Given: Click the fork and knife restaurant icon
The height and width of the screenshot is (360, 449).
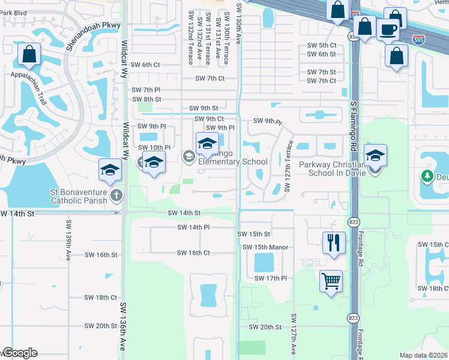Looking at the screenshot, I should [332, 243].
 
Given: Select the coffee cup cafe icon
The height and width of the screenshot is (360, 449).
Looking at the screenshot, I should [388, 28].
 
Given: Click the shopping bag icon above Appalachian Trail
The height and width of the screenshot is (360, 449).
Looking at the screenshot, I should [29, 55].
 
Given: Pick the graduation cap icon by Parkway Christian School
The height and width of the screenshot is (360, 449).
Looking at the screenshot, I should [375, 155].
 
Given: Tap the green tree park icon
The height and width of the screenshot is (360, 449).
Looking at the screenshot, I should [427, 176].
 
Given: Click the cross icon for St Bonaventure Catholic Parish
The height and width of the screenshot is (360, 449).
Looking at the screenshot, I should [116, 195].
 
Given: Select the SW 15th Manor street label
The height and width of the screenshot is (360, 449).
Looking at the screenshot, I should [265, 247].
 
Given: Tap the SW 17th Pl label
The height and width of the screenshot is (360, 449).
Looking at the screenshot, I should [271, 278].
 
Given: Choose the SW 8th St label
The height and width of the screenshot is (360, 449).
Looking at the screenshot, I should [146, 99].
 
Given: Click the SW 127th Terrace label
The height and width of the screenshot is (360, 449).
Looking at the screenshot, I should [289, 166].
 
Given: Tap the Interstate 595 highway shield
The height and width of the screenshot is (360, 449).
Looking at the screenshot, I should [420, 40].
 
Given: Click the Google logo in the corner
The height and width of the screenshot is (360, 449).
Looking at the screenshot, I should [20, 353].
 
